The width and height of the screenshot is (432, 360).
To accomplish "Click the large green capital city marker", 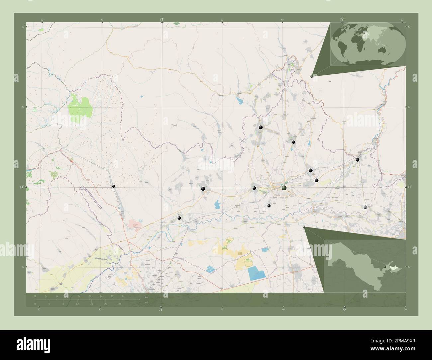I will click(284, 188).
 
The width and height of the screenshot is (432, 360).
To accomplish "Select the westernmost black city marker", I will click(114, 187).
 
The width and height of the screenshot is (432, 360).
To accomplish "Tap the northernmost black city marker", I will click(261, 127).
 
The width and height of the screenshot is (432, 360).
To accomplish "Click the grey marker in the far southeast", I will click(365, 207).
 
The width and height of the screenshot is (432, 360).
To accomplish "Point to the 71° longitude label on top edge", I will click(162, 19).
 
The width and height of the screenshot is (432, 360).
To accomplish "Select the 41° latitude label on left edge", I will click(22, 187).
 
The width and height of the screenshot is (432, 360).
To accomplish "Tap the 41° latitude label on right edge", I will click(409, 187).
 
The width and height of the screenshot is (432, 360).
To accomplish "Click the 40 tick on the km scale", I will click(123, 296).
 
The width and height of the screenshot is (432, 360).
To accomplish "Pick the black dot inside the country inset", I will click(385, 267).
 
